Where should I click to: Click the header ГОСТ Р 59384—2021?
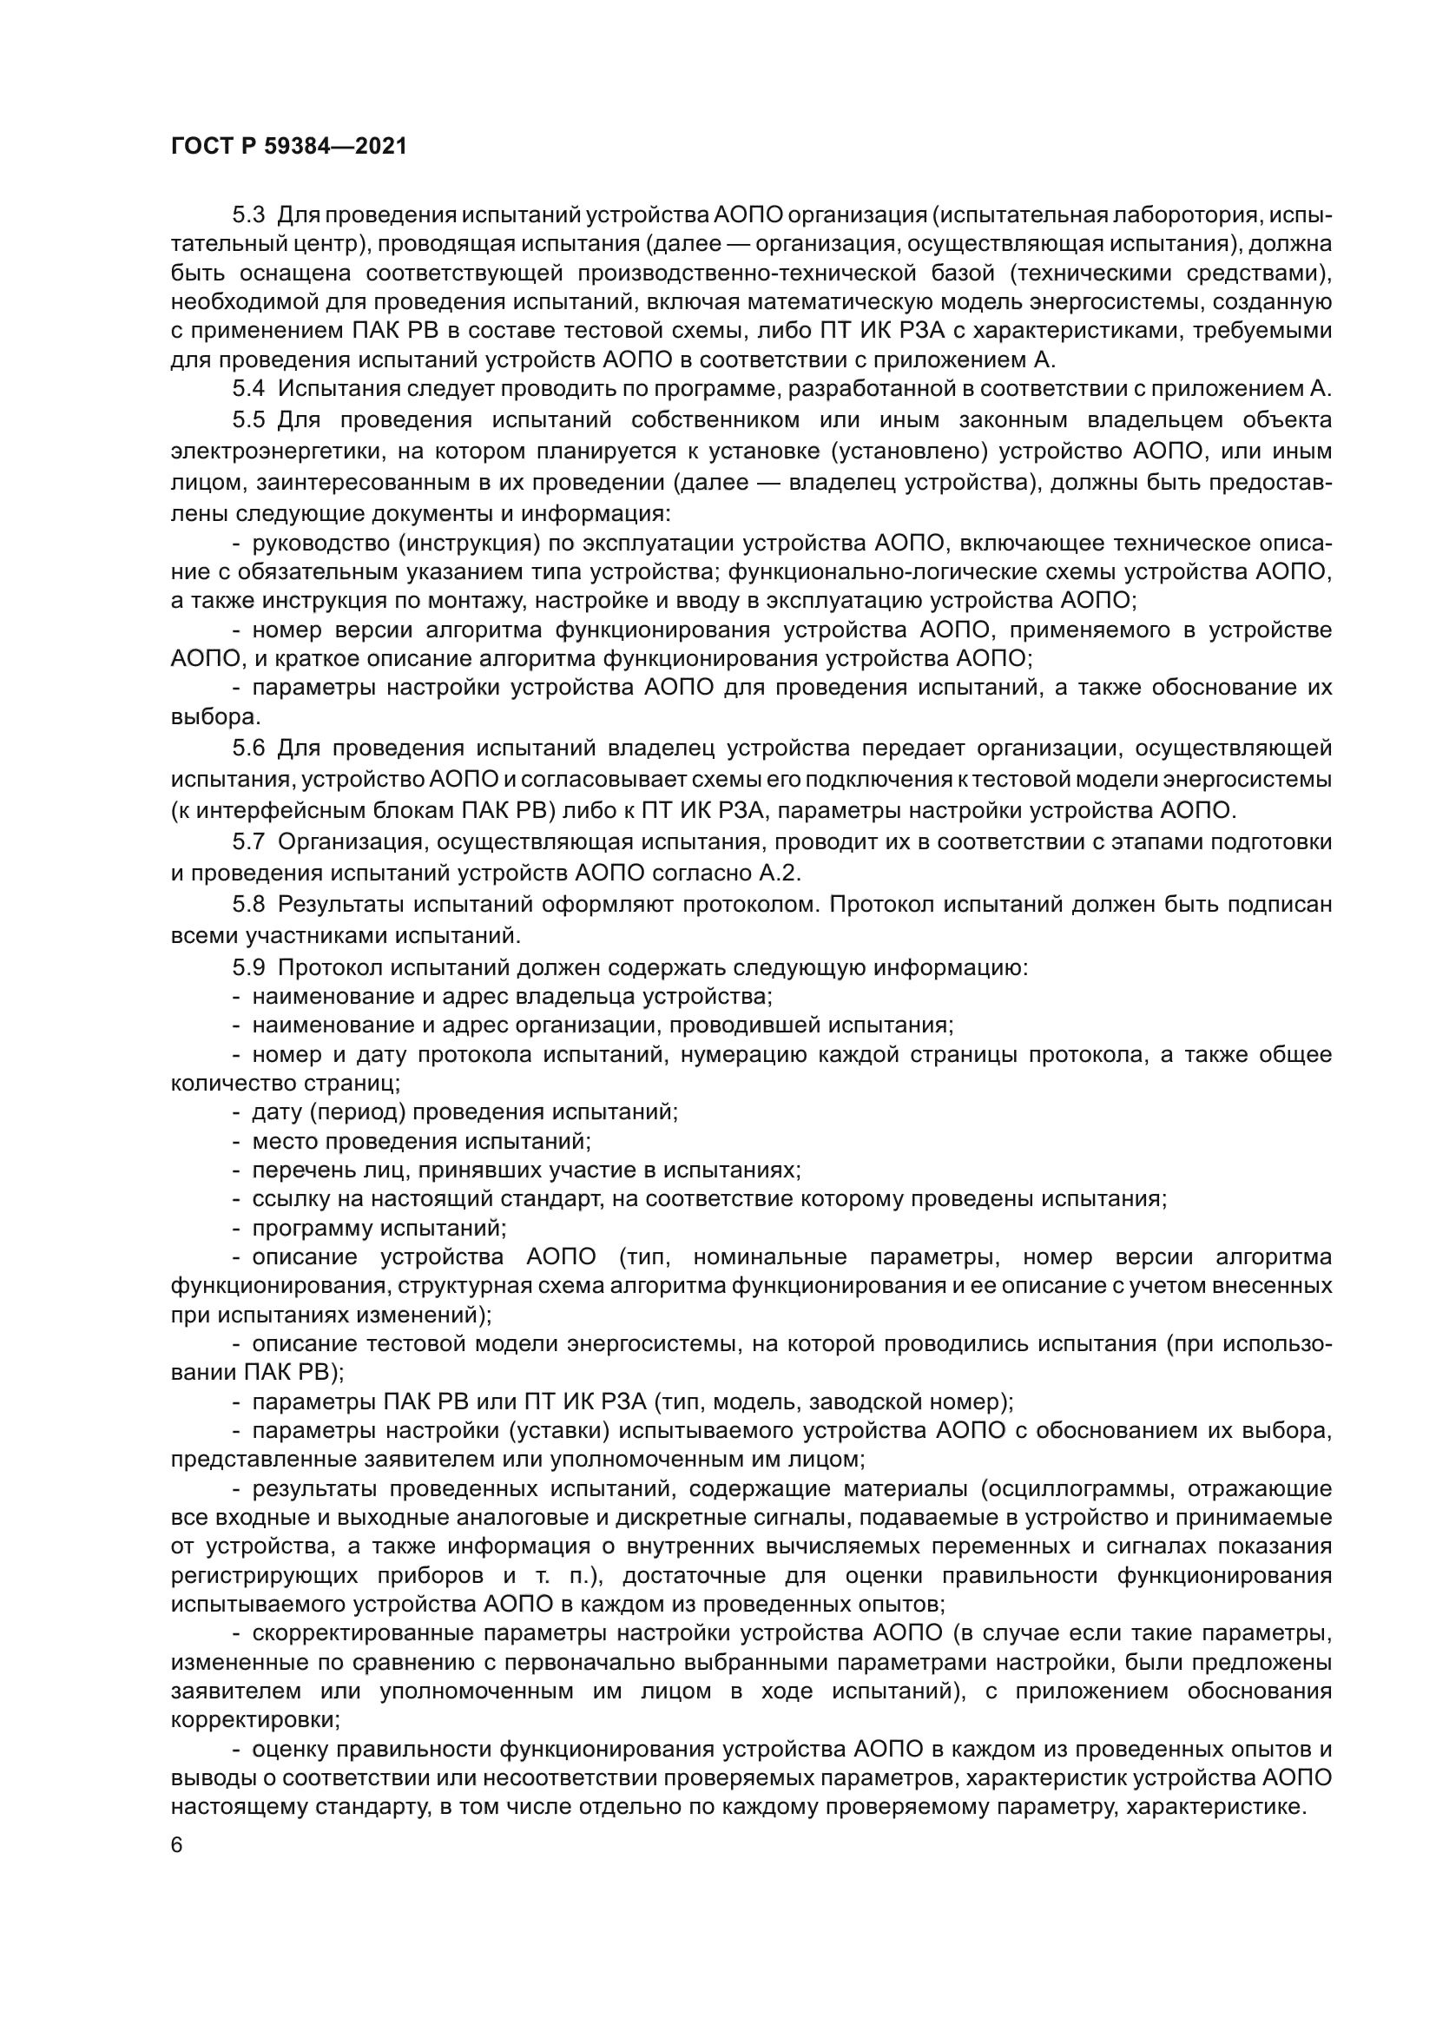click(x=288, y=147)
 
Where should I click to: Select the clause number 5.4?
click(x=248, y=389)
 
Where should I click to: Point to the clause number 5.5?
click(x=248, y=419)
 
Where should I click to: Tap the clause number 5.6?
click(x=248, y=748)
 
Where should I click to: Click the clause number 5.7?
click(x=248, y=841)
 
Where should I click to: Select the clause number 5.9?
click(x=248, y=967)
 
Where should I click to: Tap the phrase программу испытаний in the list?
click(x=379, y=1229)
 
